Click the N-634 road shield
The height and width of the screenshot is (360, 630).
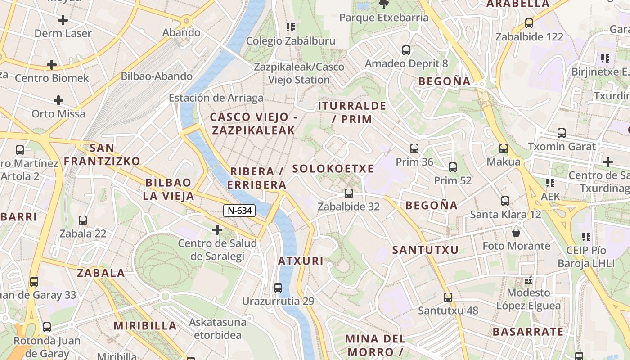coord(239,210)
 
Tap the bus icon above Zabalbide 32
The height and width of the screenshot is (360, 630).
coord(348,193)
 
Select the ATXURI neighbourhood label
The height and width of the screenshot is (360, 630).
coord(301,261)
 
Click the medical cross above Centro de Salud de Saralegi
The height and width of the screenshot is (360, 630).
coord(217,230)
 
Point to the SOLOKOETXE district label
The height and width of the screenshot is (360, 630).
coord(333,169)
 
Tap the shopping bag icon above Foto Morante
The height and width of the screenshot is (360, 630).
coord(516,233)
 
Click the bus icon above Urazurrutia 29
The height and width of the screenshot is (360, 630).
coord(278,288)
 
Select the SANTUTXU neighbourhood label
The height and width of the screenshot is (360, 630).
coord(425,250)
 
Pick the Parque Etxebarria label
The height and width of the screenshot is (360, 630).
coord(384,18)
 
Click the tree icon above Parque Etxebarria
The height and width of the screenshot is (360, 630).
coord(384,4)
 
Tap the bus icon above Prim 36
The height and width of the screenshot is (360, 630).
coord(414,148)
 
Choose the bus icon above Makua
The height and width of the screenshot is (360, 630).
coord(504,148)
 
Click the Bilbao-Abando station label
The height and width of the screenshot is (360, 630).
coord(157,76)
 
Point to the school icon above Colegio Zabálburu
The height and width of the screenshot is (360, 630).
coord(290,28)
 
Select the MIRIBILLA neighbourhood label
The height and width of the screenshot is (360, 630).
coord(145,326)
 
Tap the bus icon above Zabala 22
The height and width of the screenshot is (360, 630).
coord(83,220)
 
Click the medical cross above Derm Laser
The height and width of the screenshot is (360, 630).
coord(63,20)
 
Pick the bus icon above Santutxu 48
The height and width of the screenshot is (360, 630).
coord(448,297)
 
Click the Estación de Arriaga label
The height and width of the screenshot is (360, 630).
coord(216,98)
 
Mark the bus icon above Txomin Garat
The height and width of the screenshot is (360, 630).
coord(562,133)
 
